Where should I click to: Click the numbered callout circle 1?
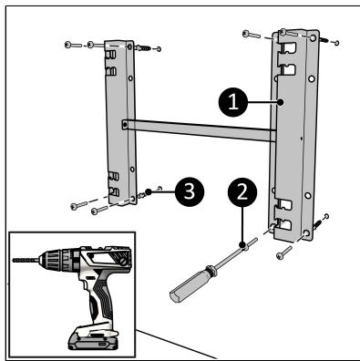(233, 102)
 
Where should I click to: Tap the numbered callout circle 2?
(242, 192)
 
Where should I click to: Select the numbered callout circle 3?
(190, 192)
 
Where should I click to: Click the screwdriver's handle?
(189, 284)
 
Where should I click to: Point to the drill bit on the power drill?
(26, 260)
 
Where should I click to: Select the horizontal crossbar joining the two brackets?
(199, 130)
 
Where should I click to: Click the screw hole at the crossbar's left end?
(125, 125)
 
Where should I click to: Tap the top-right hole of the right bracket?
(313, 38)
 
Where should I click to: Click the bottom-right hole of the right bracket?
(306, 233)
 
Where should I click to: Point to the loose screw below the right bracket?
(284, 253)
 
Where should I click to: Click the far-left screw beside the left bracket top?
(73, 46)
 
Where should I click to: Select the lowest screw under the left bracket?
(99, 210)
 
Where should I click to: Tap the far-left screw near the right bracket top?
(252, 34)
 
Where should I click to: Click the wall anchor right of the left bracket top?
(143, 47)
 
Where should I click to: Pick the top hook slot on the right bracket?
(287, 48)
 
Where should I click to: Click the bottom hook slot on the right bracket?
(283, 225)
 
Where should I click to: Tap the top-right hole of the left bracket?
(129, 47)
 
